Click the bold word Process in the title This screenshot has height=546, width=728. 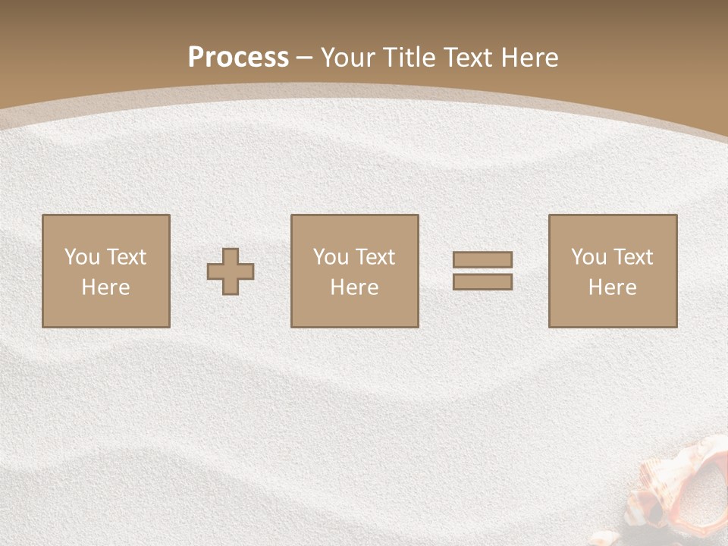[238, 58]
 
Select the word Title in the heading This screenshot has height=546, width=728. [410, 58]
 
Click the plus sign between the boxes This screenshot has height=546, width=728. [231, 271]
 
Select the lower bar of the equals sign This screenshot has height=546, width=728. [482, 281]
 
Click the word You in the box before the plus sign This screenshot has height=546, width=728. [82, 257]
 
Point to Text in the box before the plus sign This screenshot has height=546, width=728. [126, 257]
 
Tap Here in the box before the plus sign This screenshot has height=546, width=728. [105, 287]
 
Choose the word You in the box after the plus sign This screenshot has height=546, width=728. [331, 257]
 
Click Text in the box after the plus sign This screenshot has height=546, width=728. [375, 257]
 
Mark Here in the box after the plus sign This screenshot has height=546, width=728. [354, 287]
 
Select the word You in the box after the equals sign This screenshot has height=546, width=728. [588, 257]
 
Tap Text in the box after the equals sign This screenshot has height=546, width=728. [632, 257]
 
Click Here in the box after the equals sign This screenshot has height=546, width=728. [612, 287]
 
